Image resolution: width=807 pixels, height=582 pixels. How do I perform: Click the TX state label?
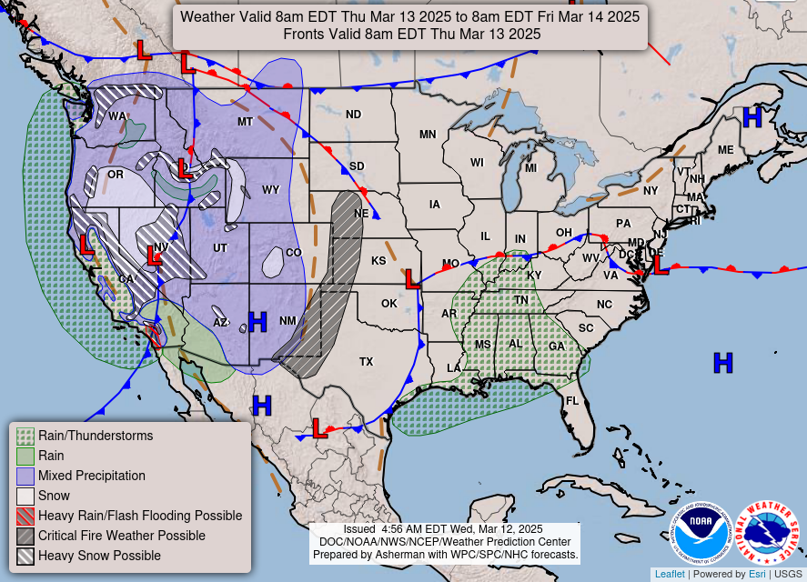tap(366, 362)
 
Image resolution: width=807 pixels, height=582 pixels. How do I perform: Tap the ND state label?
tap(353, 115)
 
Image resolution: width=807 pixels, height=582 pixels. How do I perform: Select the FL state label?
tap(572, 401)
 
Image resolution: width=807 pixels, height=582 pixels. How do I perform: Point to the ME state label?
tap(725, 150)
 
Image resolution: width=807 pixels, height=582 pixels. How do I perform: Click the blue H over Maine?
tap(752, 117)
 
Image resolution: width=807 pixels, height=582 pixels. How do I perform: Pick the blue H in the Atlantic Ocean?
tap(722, 363)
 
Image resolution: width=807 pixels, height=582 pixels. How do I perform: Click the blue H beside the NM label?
tap(257, 321)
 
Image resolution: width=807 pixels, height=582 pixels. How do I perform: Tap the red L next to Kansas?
tap(412, 279)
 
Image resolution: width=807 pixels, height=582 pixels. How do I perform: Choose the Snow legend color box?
tap(25, 496)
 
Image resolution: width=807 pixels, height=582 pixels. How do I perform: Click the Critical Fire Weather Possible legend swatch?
tap(25, 536)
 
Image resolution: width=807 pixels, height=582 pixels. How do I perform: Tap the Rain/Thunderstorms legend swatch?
tap(25, 436)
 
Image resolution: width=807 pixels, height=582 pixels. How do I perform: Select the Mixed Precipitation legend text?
tap(91, 476)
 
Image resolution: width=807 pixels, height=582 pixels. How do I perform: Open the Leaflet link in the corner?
tap(669, 574)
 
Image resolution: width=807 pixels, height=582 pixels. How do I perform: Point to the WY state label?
tap(270, 190)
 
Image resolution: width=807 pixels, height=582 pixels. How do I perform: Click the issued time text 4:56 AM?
tap(400, 529)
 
